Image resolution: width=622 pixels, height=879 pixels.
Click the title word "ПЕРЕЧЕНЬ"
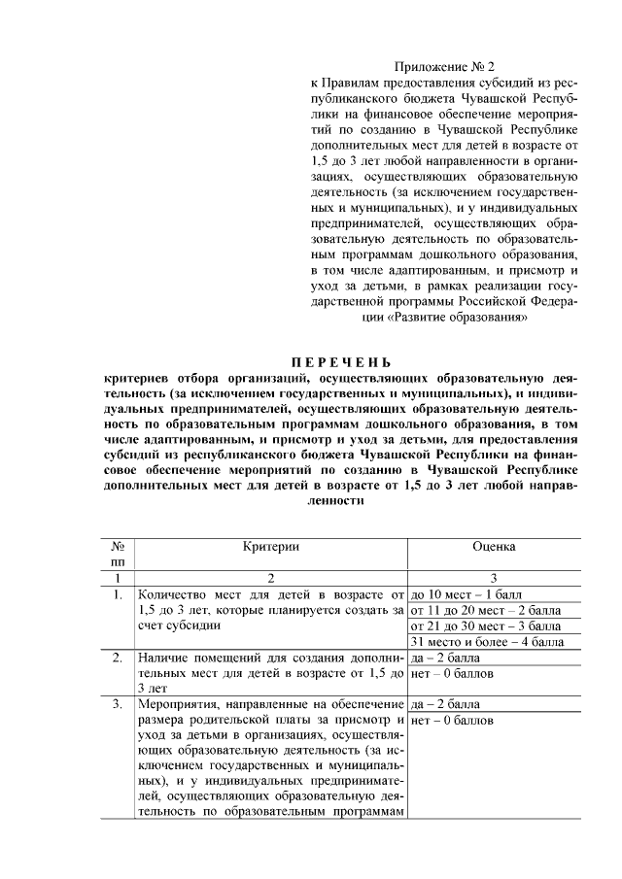pyautogui.click(x=328, y=362)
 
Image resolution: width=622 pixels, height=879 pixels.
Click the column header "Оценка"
pyautogui.click(x=494, y=547)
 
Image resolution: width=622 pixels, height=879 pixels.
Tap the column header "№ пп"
pyautogui.click(x=118, y=555)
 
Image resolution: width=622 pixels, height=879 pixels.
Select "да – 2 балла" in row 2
pyautogui.click(x=445, y=658)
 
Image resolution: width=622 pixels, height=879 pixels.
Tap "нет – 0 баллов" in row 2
pyautogui.click(x=453, y=673)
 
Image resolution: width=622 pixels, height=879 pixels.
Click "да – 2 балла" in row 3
pyautogui.click(x=445, y=703)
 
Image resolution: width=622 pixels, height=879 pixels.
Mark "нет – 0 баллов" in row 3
pyautogui.click(x=453, y=720)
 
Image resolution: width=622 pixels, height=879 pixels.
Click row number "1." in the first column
pyautogui.click(x=117, y=592)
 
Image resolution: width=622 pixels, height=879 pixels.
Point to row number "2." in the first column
pyautogui.click(x=117, y=658)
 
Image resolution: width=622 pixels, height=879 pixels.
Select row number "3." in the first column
pyautogui.click(x=117, y=703)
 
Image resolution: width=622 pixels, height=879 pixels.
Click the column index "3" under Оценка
pyautogui.click(x=494, y=577)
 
